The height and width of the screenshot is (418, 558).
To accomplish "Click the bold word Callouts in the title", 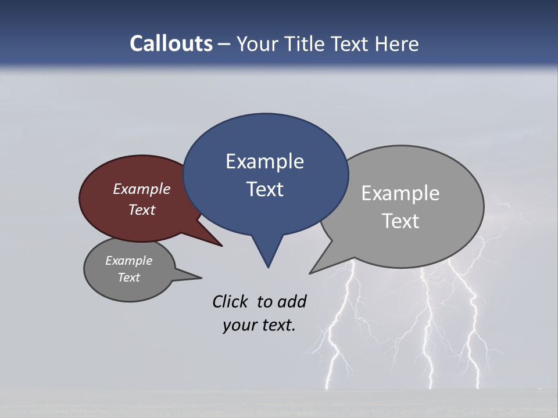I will [x=171, y=44].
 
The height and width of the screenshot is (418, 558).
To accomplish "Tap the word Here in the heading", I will [x=398, y=44].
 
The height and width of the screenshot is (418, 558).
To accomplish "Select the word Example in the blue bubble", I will [x=264, y=161].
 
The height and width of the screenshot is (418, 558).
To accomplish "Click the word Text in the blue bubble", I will [x=264, y=189].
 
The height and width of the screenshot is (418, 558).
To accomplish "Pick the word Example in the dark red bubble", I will [x=142, y=189].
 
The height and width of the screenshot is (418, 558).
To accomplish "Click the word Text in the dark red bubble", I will [x=142, y=210].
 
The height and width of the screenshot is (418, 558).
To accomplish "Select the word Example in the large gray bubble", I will [x=400, y=193].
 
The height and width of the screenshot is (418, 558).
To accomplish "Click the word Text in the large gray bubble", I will [x=400, y=221].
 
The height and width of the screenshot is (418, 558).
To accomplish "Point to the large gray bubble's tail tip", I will [x=312, y=272].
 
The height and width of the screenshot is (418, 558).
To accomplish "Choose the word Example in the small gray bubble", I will [x=128, y=261].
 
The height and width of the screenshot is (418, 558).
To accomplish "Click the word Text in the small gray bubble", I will [x=128, y=278].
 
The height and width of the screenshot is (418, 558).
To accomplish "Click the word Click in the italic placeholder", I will [x=230, y=301].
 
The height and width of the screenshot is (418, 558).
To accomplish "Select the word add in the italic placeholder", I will [x=292, y=301].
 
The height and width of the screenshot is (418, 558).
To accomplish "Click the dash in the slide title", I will [x=224, y=44].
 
